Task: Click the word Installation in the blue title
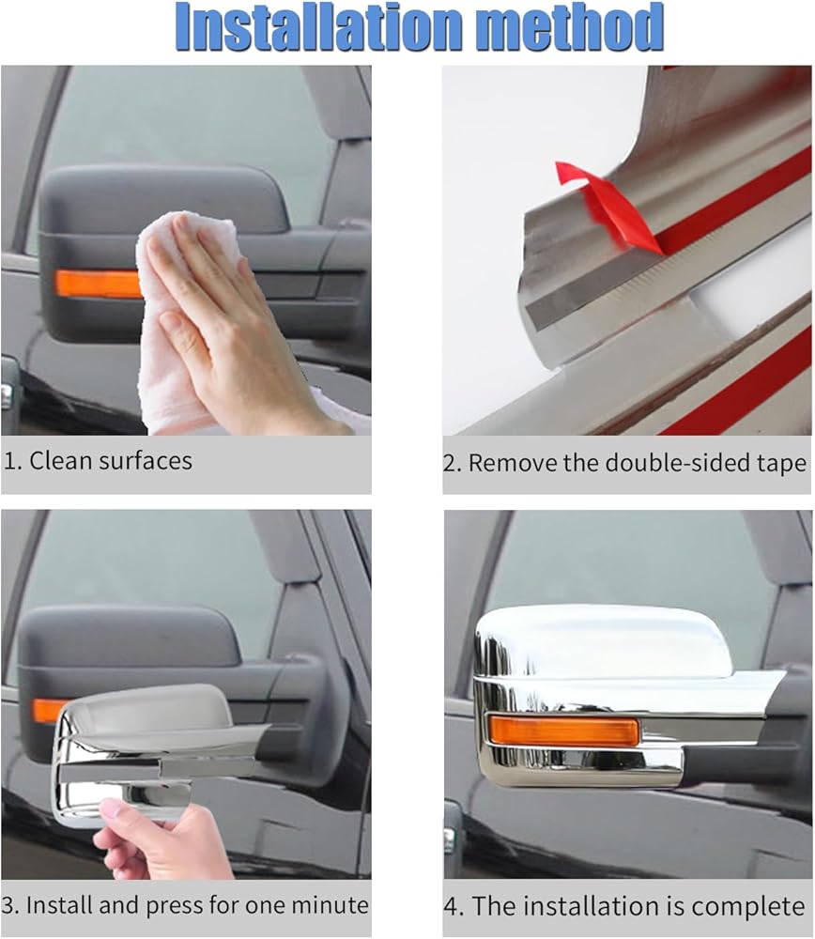click(318, 27)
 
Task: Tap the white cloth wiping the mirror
click(179, 323)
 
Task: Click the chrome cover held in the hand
click(156, 748)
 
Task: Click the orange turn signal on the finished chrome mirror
click(563, 731)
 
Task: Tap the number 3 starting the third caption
click(8, 905)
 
